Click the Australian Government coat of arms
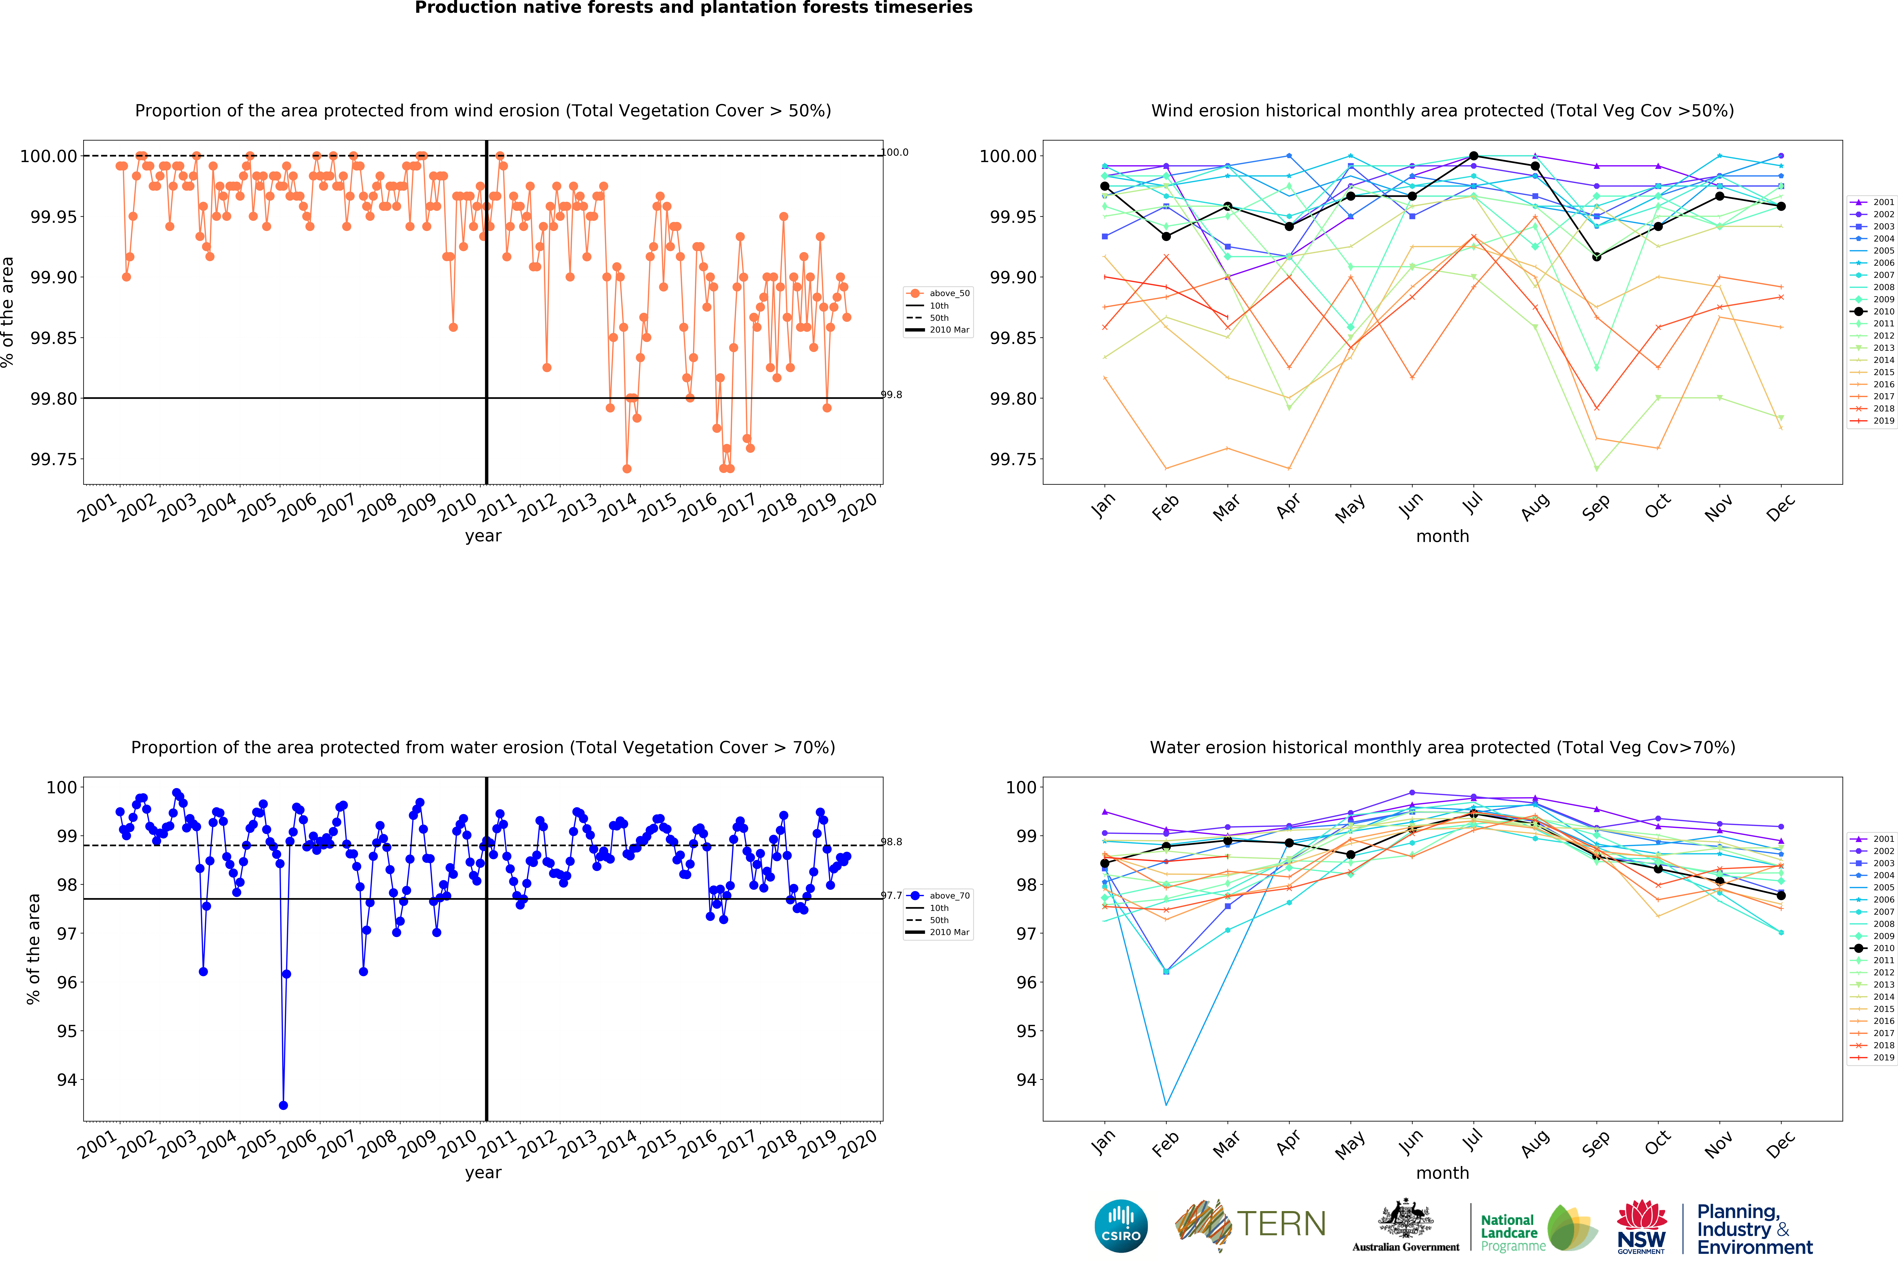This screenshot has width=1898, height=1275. point(1406,1220)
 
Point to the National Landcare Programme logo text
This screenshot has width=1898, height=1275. point(1508,1232)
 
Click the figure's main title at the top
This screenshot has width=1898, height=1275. point(694,8)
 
